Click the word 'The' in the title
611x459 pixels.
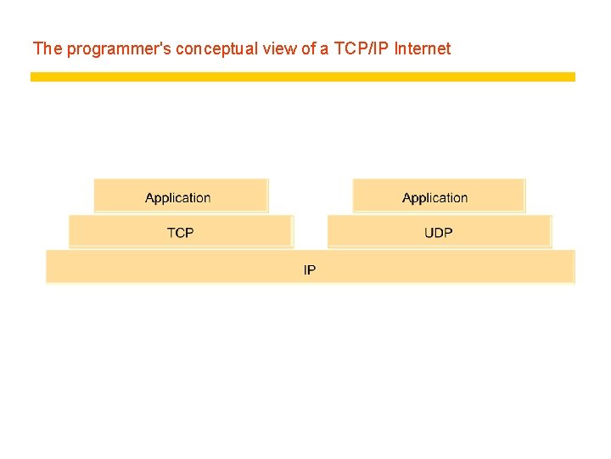[x=48, y=48]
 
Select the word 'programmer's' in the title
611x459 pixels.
[x=119, y=48]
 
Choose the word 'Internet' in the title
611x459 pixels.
[x=423, y=48]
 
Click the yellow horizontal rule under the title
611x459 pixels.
[x=303, y=76]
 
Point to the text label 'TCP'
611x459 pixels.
[x=180, y=232]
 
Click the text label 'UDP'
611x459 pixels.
[x=439, y=232]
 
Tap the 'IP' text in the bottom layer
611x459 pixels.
[x=310, y=270]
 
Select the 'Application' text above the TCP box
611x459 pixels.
[x=178, y=198]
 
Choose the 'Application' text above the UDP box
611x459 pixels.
[x=435, y=198]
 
